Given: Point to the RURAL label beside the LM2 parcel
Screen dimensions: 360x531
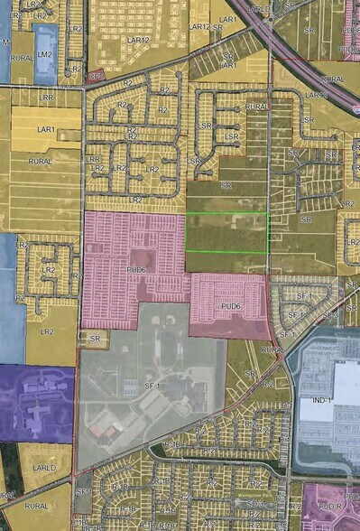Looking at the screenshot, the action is click(22, 59).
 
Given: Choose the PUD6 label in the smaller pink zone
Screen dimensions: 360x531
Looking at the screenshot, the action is click(231, 306).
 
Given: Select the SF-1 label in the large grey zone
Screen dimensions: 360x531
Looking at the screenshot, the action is click(152, 387).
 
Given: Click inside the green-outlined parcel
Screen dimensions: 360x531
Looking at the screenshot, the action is click(226, 232).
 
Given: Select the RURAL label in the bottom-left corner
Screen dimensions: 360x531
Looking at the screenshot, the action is click(36, 508).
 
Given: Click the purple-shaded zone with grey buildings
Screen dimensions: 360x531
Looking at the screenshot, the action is click(36, 402).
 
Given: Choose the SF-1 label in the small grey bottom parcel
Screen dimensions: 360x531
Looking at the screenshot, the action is click(82, 491).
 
